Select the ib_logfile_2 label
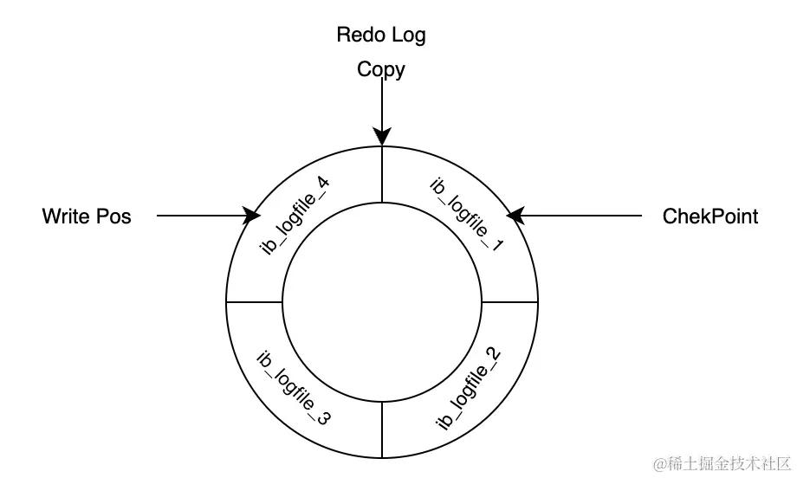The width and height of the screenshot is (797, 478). (468, 388)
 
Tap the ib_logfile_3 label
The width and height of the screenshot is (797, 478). (295, 387)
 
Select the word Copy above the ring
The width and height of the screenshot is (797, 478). (381, 69)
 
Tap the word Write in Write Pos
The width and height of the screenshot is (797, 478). (67, 216)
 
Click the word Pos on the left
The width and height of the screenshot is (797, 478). (113, 216)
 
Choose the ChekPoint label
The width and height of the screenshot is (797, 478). (710, 216)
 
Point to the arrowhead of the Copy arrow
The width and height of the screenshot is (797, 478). (381, 138)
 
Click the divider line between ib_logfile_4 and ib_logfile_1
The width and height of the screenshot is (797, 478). (382, 173)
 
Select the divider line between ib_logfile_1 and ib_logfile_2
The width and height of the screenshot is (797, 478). (509, 302)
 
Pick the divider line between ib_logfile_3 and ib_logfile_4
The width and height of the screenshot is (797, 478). (254, 302)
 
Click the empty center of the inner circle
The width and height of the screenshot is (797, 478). (382, 302)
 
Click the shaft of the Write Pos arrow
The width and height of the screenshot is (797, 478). (199, 215)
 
